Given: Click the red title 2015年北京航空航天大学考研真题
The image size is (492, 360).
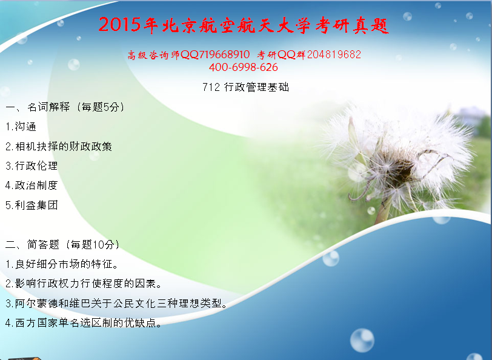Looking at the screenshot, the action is [x=244, y=24].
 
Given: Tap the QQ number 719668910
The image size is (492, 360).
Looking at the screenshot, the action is [x=224, y=55].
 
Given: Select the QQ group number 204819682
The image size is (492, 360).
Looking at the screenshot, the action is [x=334, y=55].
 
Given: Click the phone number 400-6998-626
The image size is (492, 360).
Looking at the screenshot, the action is [x=244, y=67].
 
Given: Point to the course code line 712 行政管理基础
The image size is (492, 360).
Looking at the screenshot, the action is [x=245, y=87].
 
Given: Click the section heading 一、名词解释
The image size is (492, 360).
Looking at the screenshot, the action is [x=38, y=107].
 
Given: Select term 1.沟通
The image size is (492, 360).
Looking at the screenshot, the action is [x=21, y=127].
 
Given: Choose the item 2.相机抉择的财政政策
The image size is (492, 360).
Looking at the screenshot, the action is [x=59, y=146].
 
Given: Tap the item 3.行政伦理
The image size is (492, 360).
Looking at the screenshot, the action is [x=32, y=165].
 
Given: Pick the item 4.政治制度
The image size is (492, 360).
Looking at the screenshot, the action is [x=32, y=185].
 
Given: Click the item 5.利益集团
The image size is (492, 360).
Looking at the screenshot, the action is [x=32, y=205].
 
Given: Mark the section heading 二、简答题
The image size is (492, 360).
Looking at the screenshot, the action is [x=32, y=244].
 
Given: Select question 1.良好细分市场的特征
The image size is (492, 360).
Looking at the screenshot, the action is [x=62, y=264].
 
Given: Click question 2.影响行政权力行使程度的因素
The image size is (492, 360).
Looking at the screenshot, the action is [x=84, y=284].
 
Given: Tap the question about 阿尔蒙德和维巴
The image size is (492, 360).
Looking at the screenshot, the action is [x=116, y=303].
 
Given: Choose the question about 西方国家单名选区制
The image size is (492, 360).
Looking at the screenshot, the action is [x=84, y=322].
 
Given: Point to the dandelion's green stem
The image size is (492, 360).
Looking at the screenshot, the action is [x=383, y=210].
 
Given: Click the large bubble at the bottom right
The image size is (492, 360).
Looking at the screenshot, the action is [x=362, y=340].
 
